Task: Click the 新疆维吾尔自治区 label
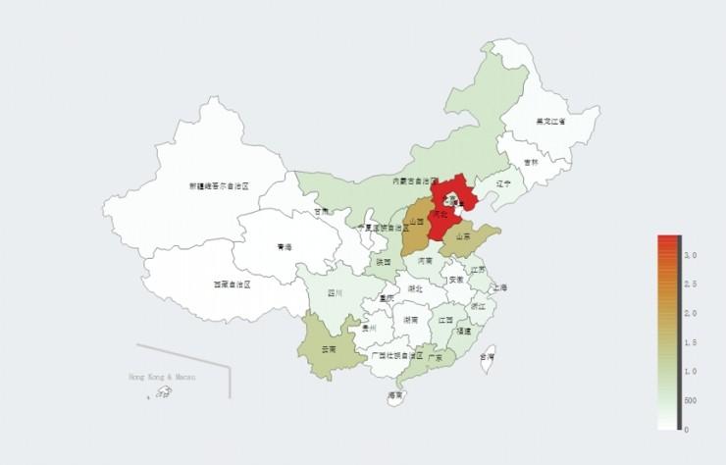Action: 220,185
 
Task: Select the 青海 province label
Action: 285,247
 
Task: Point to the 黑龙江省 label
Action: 550,122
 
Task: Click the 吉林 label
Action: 531,162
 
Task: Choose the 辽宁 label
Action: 504,183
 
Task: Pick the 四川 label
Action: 335,292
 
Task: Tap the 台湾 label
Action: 488,358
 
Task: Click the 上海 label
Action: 500,287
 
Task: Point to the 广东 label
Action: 435,358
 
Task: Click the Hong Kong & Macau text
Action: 163,377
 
